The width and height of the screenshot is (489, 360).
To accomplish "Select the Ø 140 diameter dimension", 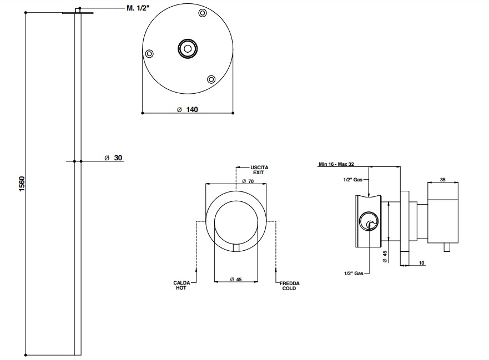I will pyautogui.click(x=188, y=109).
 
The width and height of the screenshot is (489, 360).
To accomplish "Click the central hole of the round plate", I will pyautogui.click(x=188, y=49).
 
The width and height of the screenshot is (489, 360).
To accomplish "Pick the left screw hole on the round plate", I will pyautogui.click(x=149, y=53).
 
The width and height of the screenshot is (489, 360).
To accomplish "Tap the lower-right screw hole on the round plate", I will pyautogui.click(x=211, y=79).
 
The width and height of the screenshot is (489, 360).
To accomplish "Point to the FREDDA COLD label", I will pyautogui.click(x=289, y=286).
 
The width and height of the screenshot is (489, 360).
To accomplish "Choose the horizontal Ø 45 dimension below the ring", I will pyautogui.click(x=236, y=280).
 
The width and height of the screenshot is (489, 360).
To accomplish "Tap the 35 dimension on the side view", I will pyautogui.click(x=442, y=180).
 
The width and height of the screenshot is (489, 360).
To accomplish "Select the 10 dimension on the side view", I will pyautogui.click(x=421, y=262).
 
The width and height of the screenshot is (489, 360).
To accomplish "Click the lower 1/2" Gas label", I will pyautogui.click(x=354, y=273).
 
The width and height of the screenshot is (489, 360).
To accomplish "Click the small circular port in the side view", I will pyautogui.click(x=370, y=223).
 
